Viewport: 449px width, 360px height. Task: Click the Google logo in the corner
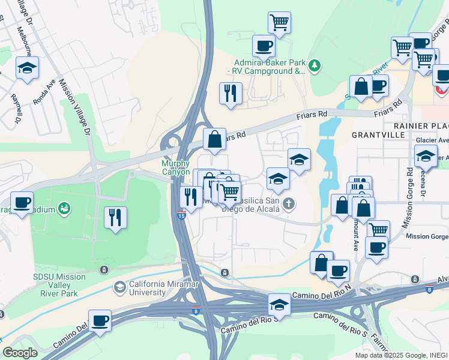point(20,353)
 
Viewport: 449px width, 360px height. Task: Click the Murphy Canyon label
point(176,167)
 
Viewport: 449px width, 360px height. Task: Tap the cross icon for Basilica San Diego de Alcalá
point(289,204)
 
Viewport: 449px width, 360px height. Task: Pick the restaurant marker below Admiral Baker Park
point(231,93)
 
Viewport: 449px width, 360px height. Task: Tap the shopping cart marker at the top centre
point(279,23)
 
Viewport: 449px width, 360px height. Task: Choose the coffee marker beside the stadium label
point(22,202)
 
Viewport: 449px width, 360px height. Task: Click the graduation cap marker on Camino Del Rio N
point(279,305)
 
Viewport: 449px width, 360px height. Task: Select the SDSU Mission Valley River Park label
point(59,286)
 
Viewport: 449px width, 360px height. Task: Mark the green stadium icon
point(64,209)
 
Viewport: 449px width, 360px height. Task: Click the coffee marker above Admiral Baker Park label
point(263,46)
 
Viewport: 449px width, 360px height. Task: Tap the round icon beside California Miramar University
point(120,287)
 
